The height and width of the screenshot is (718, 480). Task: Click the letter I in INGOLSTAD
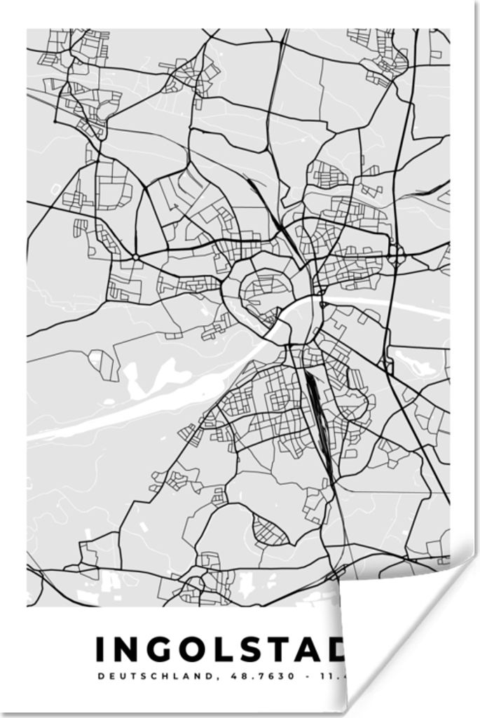coord(100,649)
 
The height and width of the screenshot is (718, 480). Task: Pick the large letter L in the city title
coord(231,649)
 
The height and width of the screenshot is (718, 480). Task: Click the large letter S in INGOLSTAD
coord(261,649)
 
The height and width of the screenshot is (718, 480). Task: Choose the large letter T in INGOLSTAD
coord(291,649)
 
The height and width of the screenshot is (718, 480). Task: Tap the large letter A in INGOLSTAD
coord(322,649)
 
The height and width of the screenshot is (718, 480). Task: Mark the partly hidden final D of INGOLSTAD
coord(343,649)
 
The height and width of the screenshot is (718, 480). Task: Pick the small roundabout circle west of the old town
coord(135,258)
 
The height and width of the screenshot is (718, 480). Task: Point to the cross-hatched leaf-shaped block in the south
coord(269,531)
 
